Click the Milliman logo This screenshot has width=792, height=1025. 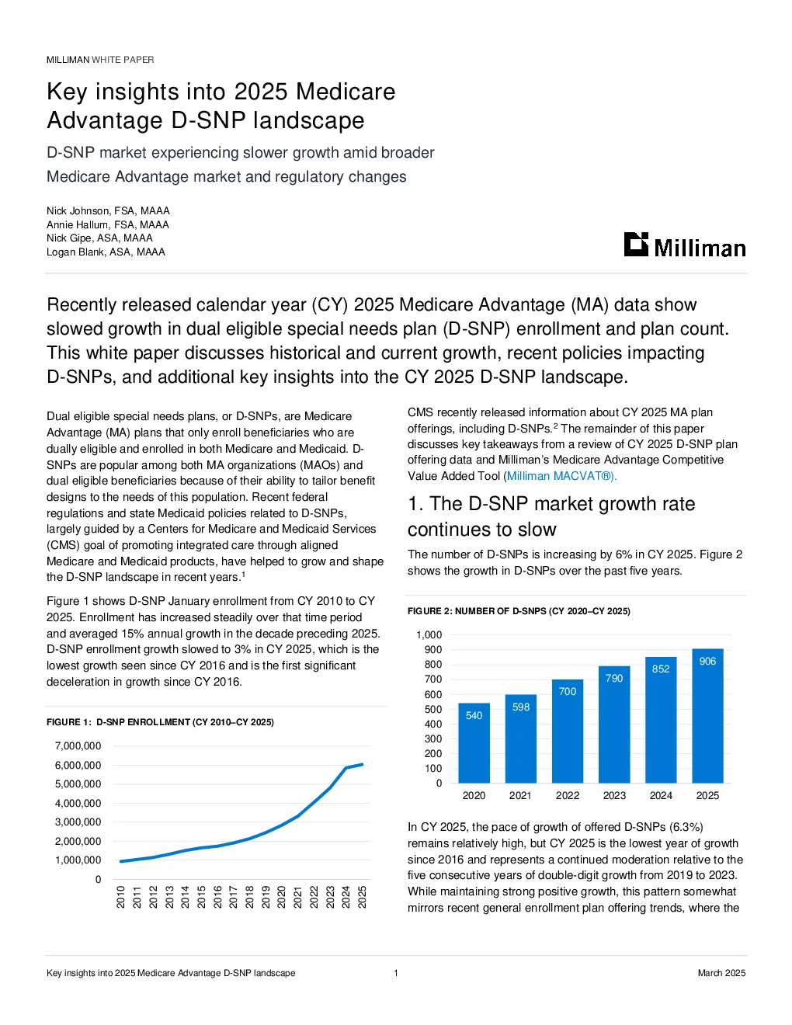click(684, 245)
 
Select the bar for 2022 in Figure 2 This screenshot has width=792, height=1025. click(567, 731)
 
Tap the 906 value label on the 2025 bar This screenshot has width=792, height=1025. click(707, 662)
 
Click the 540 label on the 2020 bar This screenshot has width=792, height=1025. click(474, 716)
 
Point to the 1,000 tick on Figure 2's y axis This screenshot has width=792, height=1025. click(429, 635)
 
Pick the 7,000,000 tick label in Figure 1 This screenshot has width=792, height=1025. click(78, 745)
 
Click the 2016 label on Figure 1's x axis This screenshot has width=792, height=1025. click(217, 897)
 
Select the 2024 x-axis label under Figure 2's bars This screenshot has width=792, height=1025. click(661, 795)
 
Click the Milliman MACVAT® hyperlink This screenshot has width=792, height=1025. click(561, 476)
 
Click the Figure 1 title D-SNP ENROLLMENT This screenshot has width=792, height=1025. click(160, 722)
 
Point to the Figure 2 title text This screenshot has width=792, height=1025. click(519, 611)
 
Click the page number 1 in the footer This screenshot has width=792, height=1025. click(396, 973)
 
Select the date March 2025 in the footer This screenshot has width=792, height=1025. click(721, 973)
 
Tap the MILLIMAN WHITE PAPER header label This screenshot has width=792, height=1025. click(100, 60)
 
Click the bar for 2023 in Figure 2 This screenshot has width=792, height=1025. click(613, 724)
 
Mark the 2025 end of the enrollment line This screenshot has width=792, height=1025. click(363, 764)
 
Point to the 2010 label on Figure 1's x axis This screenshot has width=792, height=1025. click(120, 897)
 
